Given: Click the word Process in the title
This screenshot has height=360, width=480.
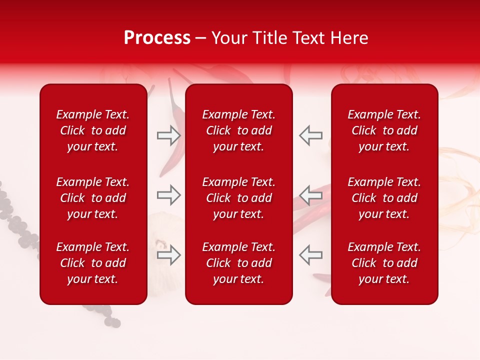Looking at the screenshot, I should coord(157,38).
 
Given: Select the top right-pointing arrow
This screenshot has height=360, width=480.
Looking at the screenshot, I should coord(169,135).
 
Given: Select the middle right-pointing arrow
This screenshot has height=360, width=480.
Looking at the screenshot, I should coord(169,195).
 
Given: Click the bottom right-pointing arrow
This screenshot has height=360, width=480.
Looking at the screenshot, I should coord(169,254).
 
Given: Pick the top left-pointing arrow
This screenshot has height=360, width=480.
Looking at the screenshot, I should coord(311,135).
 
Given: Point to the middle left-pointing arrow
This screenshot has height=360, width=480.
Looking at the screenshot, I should coord(311,195).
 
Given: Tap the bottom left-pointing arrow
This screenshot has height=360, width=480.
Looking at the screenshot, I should coord(311,254).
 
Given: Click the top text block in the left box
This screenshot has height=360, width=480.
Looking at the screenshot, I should coord(93,130).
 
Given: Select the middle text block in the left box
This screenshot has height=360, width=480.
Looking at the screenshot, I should coord(93,198).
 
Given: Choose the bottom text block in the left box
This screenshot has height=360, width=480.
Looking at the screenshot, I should coord(93,263).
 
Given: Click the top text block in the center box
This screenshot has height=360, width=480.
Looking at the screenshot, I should coord(239,130).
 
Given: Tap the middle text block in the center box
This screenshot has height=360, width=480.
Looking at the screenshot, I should coord(239,198).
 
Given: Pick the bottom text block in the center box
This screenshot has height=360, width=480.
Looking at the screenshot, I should coord(239,263).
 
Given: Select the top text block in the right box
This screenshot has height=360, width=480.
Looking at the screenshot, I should coord(384,130).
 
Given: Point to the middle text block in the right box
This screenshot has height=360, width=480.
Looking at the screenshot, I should coord(384,198).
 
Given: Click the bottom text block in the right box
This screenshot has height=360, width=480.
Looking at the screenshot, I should coord(384,263).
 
